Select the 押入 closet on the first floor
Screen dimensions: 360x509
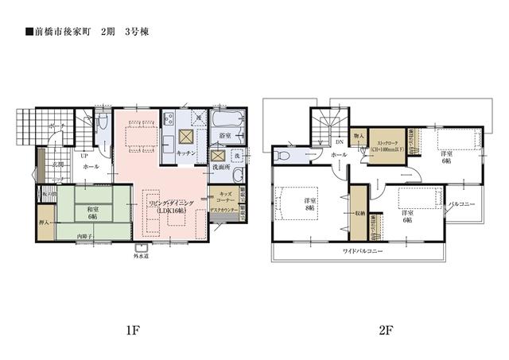[46, 224]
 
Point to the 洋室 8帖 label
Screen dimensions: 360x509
[309, 204]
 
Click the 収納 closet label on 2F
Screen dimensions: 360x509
[360, 213]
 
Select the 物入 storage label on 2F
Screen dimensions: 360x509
[359, 137]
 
